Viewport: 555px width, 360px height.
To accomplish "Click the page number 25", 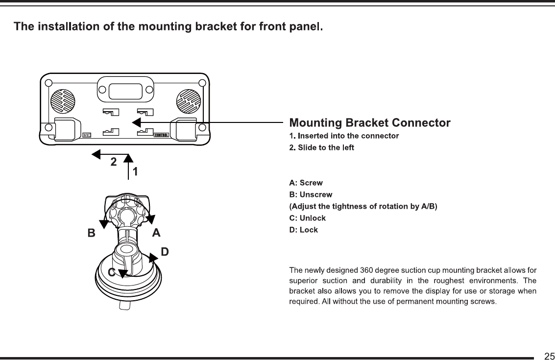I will pos(549,355).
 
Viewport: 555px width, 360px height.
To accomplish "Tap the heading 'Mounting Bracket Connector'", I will pos(370,122).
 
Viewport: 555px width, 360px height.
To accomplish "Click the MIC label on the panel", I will pos(87,135).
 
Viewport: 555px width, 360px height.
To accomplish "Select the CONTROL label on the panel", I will pos(161,135).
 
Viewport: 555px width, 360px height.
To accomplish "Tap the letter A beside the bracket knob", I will pos(156,233).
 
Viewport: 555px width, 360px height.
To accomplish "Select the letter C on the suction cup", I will pos(112,273).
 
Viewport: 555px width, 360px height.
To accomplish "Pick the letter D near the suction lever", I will pos(165,252).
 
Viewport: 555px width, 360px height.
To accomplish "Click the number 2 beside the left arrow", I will pos(113,162).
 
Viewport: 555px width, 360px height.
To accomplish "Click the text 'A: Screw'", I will pos(306,183).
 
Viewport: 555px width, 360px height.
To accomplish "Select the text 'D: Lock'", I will pos(304,230).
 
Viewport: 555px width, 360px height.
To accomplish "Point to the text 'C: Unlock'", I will pos(308,218).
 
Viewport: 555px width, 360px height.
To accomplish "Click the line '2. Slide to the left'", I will pos(321,147).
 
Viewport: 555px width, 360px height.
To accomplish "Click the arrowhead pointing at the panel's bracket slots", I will pos(137,122).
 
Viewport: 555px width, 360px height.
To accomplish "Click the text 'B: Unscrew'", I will pos(311,195).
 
